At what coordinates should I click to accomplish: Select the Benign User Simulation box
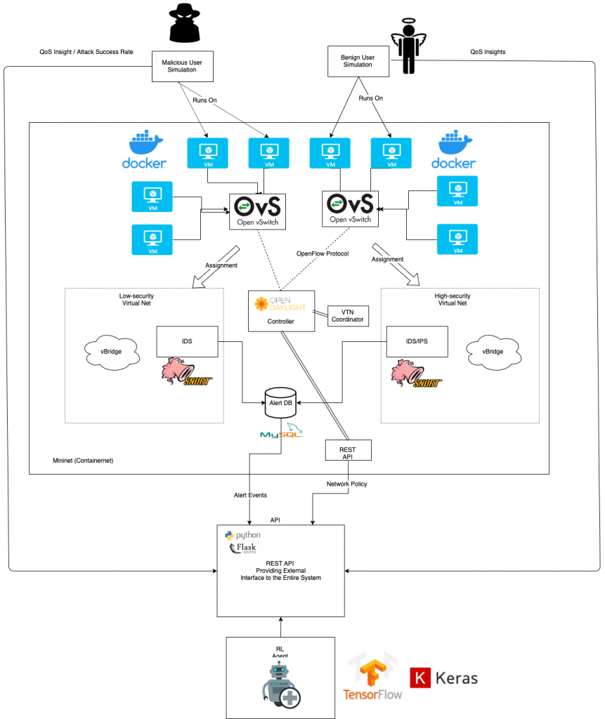359,60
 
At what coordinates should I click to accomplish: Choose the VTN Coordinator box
349,315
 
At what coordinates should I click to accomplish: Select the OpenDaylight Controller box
281,311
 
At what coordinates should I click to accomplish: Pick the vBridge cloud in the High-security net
491,350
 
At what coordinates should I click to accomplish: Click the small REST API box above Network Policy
348,449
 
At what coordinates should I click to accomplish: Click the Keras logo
444,678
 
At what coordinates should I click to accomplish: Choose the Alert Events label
251,495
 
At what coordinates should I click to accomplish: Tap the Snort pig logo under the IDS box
186,372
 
